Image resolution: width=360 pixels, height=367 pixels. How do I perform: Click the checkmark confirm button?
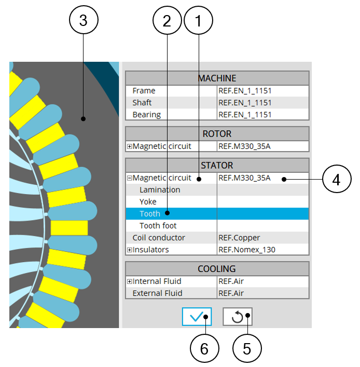pos(197,316)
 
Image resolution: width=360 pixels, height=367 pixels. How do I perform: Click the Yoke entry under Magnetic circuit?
pos(148,202)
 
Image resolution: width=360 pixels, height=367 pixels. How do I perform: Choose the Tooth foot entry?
pos(158,226)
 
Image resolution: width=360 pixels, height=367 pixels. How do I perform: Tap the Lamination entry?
pos(160,190)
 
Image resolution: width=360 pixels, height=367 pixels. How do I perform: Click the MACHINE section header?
pos(217,78)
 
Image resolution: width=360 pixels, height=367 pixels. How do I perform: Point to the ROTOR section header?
pos(217,134)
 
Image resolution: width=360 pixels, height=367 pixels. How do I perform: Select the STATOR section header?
pos(217,166)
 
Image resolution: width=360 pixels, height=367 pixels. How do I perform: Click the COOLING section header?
pos(217,269)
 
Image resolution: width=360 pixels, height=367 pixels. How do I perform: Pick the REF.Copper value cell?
pos(239,238)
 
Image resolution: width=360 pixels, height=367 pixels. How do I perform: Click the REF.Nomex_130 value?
pos(247,250)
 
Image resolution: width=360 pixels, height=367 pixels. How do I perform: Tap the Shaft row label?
pos(142,103)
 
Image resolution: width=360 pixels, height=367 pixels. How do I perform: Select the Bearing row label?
pos(146,115)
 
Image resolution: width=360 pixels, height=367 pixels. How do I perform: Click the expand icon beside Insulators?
pos(130,250)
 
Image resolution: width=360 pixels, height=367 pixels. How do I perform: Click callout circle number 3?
pos(83,20)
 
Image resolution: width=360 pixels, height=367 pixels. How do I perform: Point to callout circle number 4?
pos(337,180)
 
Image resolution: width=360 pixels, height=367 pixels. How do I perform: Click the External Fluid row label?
pos(157,293)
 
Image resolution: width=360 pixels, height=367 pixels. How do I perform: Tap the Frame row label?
pos(144,91)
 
